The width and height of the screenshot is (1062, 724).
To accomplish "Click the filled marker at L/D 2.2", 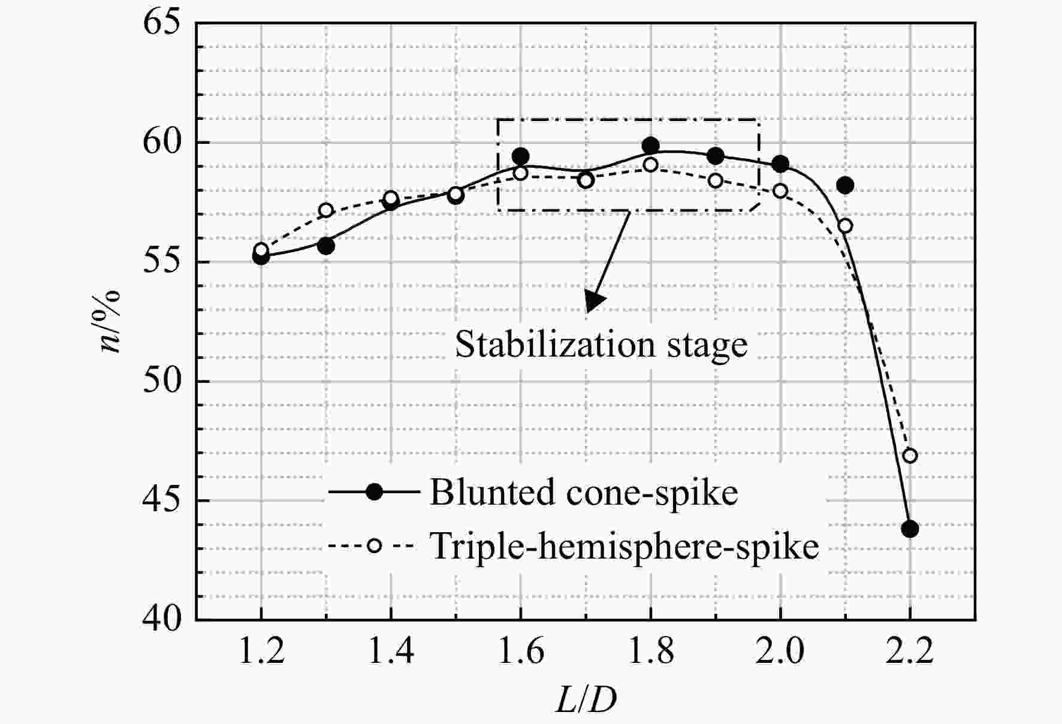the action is tap(910, 529).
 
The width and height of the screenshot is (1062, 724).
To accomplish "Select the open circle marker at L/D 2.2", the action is tap(910, 455).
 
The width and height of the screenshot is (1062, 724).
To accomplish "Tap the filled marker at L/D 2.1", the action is tap(845, 185).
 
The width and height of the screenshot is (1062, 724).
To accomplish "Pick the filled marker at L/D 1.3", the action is tap(326, 245).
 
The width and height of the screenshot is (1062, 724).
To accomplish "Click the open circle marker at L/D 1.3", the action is tap(326, 210).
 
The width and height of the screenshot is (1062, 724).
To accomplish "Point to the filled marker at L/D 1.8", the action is tap(650, 145).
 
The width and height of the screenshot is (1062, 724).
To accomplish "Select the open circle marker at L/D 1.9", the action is tap(715, 180).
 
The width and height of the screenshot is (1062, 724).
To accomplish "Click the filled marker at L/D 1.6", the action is tap(520, 156).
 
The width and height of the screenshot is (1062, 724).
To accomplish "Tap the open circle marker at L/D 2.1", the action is tap(845, 226).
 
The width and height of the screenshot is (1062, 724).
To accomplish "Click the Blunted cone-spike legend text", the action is tap(584, 493).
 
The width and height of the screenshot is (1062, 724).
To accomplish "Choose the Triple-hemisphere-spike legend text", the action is tap(624, 546).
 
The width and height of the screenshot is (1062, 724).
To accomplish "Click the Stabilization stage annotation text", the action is tap(601, 345).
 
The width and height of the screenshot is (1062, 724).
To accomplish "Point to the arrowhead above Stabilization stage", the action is tap(593, 301).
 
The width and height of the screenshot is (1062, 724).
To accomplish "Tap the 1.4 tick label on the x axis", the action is tap(391, 651).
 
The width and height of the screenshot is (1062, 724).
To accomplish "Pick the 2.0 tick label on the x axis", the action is tap(780, 651).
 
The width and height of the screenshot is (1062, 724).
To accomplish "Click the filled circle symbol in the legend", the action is tap(375, 492).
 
